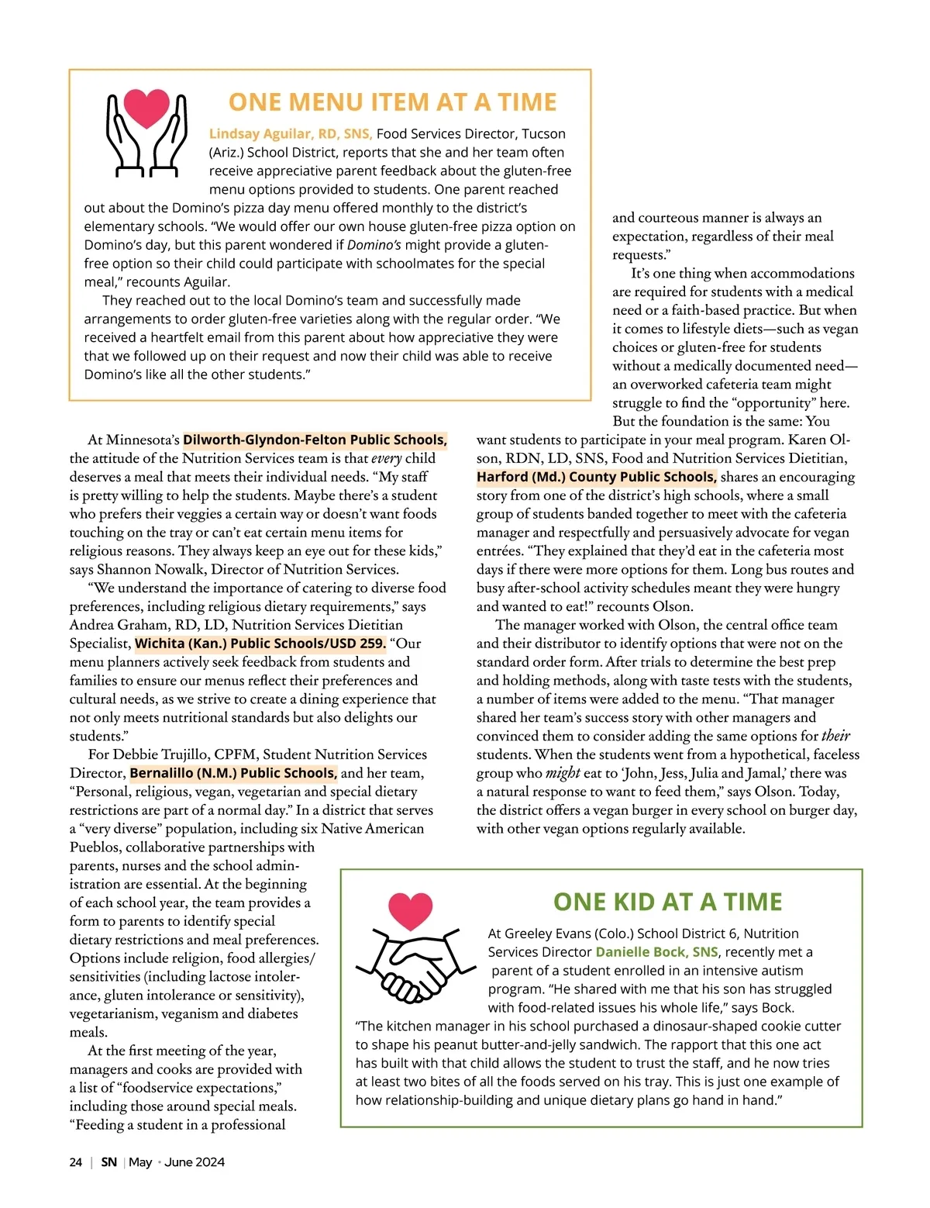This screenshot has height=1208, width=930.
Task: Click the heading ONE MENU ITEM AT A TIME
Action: coord(392,102)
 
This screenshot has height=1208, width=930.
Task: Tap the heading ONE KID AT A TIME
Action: coord(667,902)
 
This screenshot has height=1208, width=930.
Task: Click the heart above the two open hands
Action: coord(146,108)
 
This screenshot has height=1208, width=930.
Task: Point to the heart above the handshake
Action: coord(410,910)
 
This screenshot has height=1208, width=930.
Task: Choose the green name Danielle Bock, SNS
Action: coord(656,952)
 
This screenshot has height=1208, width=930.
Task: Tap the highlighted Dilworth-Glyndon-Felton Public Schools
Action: coord(315,440)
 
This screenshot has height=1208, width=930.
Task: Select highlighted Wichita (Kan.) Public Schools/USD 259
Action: coord(260,644)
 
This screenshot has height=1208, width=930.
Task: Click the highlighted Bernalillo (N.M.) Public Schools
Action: coord(233,773)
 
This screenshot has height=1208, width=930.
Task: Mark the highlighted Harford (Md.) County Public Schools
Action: coord(596,477)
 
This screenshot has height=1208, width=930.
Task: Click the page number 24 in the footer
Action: coord(75,1162)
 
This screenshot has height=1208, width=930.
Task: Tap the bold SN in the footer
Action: coord(109,1162)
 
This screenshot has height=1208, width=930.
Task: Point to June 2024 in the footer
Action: coord(195,1162)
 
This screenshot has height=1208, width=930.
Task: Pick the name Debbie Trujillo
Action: coord(161,754)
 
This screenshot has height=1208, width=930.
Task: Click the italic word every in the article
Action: coord(386,458)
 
